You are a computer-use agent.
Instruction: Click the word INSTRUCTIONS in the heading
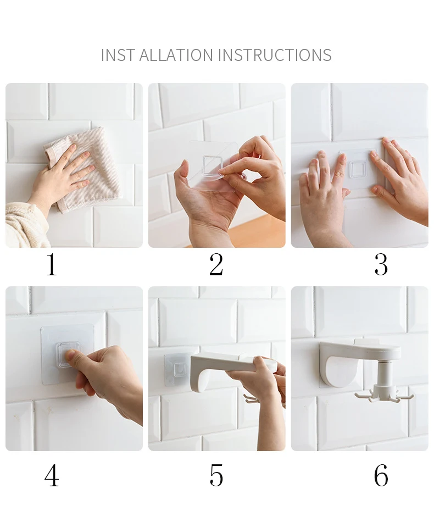tap(275, 55)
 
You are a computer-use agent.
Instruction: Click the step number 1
tap(52, 265)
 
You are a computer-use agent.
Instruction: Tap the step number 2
tap(216, 265)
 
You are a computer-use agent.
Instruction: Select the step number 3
tap(381, 265)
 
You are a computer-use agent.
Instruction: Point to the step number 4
tap(52, 475)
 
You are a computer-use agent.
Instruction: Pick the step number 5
tap(216, 475)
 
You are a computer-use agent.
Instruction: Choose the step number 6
tap(381, 475)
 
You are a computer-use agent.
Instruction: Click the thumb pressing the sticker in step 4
tap(74, 359)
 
